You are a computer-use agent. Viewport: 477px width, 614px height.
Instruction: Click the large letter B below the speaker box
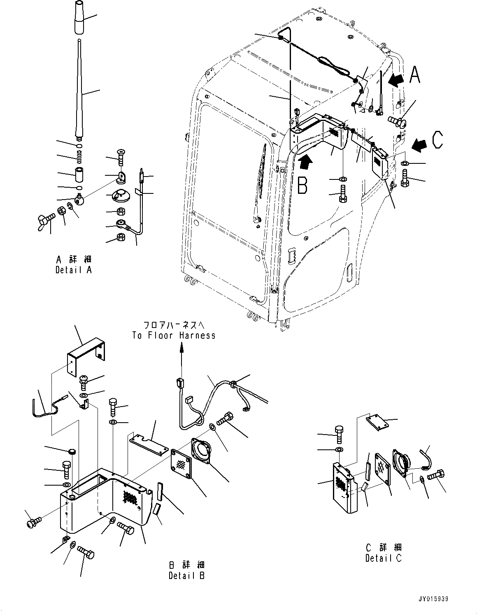click(x=302, y=186)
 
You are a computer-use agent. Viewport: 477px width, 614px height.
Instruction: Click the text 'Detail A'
click(x=74, y=270)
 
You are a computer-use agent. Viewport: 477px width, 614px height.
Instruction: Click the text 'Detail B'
click(x=186, y=576)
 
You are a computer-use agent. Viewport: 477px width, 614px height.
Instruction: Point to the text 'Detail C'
click(x=383, y=558)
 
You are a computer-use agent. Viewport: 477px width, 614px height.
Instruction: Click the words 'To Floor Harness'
click(x=174, y=335)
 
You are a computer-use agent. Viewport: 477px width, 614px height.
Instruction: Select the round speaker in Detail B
click(x=202, y=454)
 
